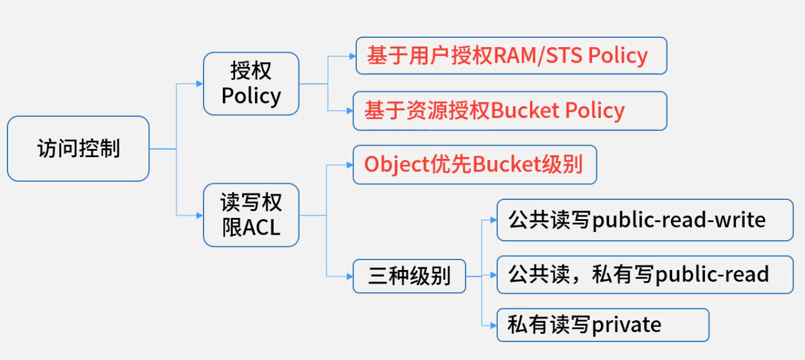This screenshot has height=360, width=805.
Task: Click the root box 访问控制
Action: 78,149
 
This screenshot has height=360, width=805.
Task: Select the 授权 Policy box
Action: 251,83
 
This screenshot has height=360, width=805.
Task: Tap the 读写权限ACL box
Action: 251,215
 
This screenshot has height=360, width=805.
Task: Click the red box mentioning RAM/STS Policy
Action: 511,56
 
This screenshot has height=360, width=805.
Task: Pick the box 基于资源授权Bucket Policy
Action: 510,111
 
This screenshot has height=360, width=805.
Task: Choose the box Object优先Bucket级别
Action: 474,164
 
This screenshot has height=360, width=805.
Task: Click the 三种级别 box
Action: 409,276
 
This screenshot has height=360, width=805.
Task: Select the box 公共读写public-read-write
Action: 644,220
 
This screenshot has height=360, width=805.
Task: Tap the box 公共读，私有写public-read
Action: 644,274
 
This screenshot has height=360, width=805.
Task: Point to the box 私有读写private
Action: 602,325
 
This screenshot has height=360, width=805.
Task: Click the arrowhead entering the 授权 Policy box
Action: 199,83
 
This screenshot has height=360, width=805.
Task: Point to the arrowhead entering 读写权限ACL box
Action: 199,215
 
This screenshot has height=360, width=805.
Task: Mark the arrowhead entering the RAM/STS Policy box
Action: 352,56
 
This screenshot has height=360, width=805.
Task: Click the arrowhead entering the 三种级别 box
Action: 349,276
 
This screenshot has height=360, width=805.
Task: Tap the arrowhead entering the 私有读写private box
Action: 493,325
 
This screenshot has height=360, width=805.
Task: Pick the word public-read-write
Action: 679,220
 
